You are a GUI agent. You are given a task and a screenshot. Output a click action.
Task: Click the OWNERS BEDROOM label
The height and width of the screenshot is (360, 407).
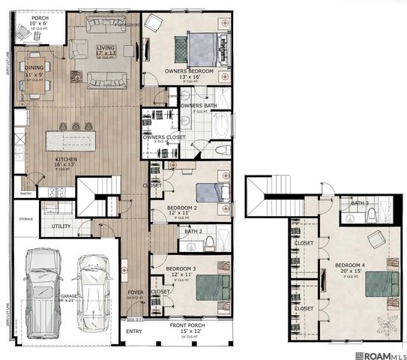pyautogui.click(x=189, y=71)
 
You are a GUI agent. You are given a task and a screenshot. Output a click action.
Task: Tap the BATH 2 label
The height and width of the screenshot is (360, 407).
pyautogui.click(x=193, y=231)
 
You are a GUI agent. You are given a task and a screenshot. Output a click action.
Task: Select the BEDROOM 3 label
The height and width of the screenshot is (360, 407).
pyautogui.click(x=181, y=268)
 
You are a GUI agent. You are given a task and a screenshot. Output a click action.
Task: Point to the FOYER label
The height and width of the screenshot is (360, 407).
pyautogui.click(x=135, y=293)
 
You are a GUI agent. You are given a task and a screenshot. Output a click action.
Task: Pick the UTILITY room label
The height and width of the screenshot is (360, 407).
pyautogui.click(x=61, y=225)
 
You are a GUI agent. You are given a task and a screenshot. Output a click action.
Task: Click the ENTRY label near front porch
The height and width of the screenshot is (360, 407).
pyautogui.click(x=133, y=331)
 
